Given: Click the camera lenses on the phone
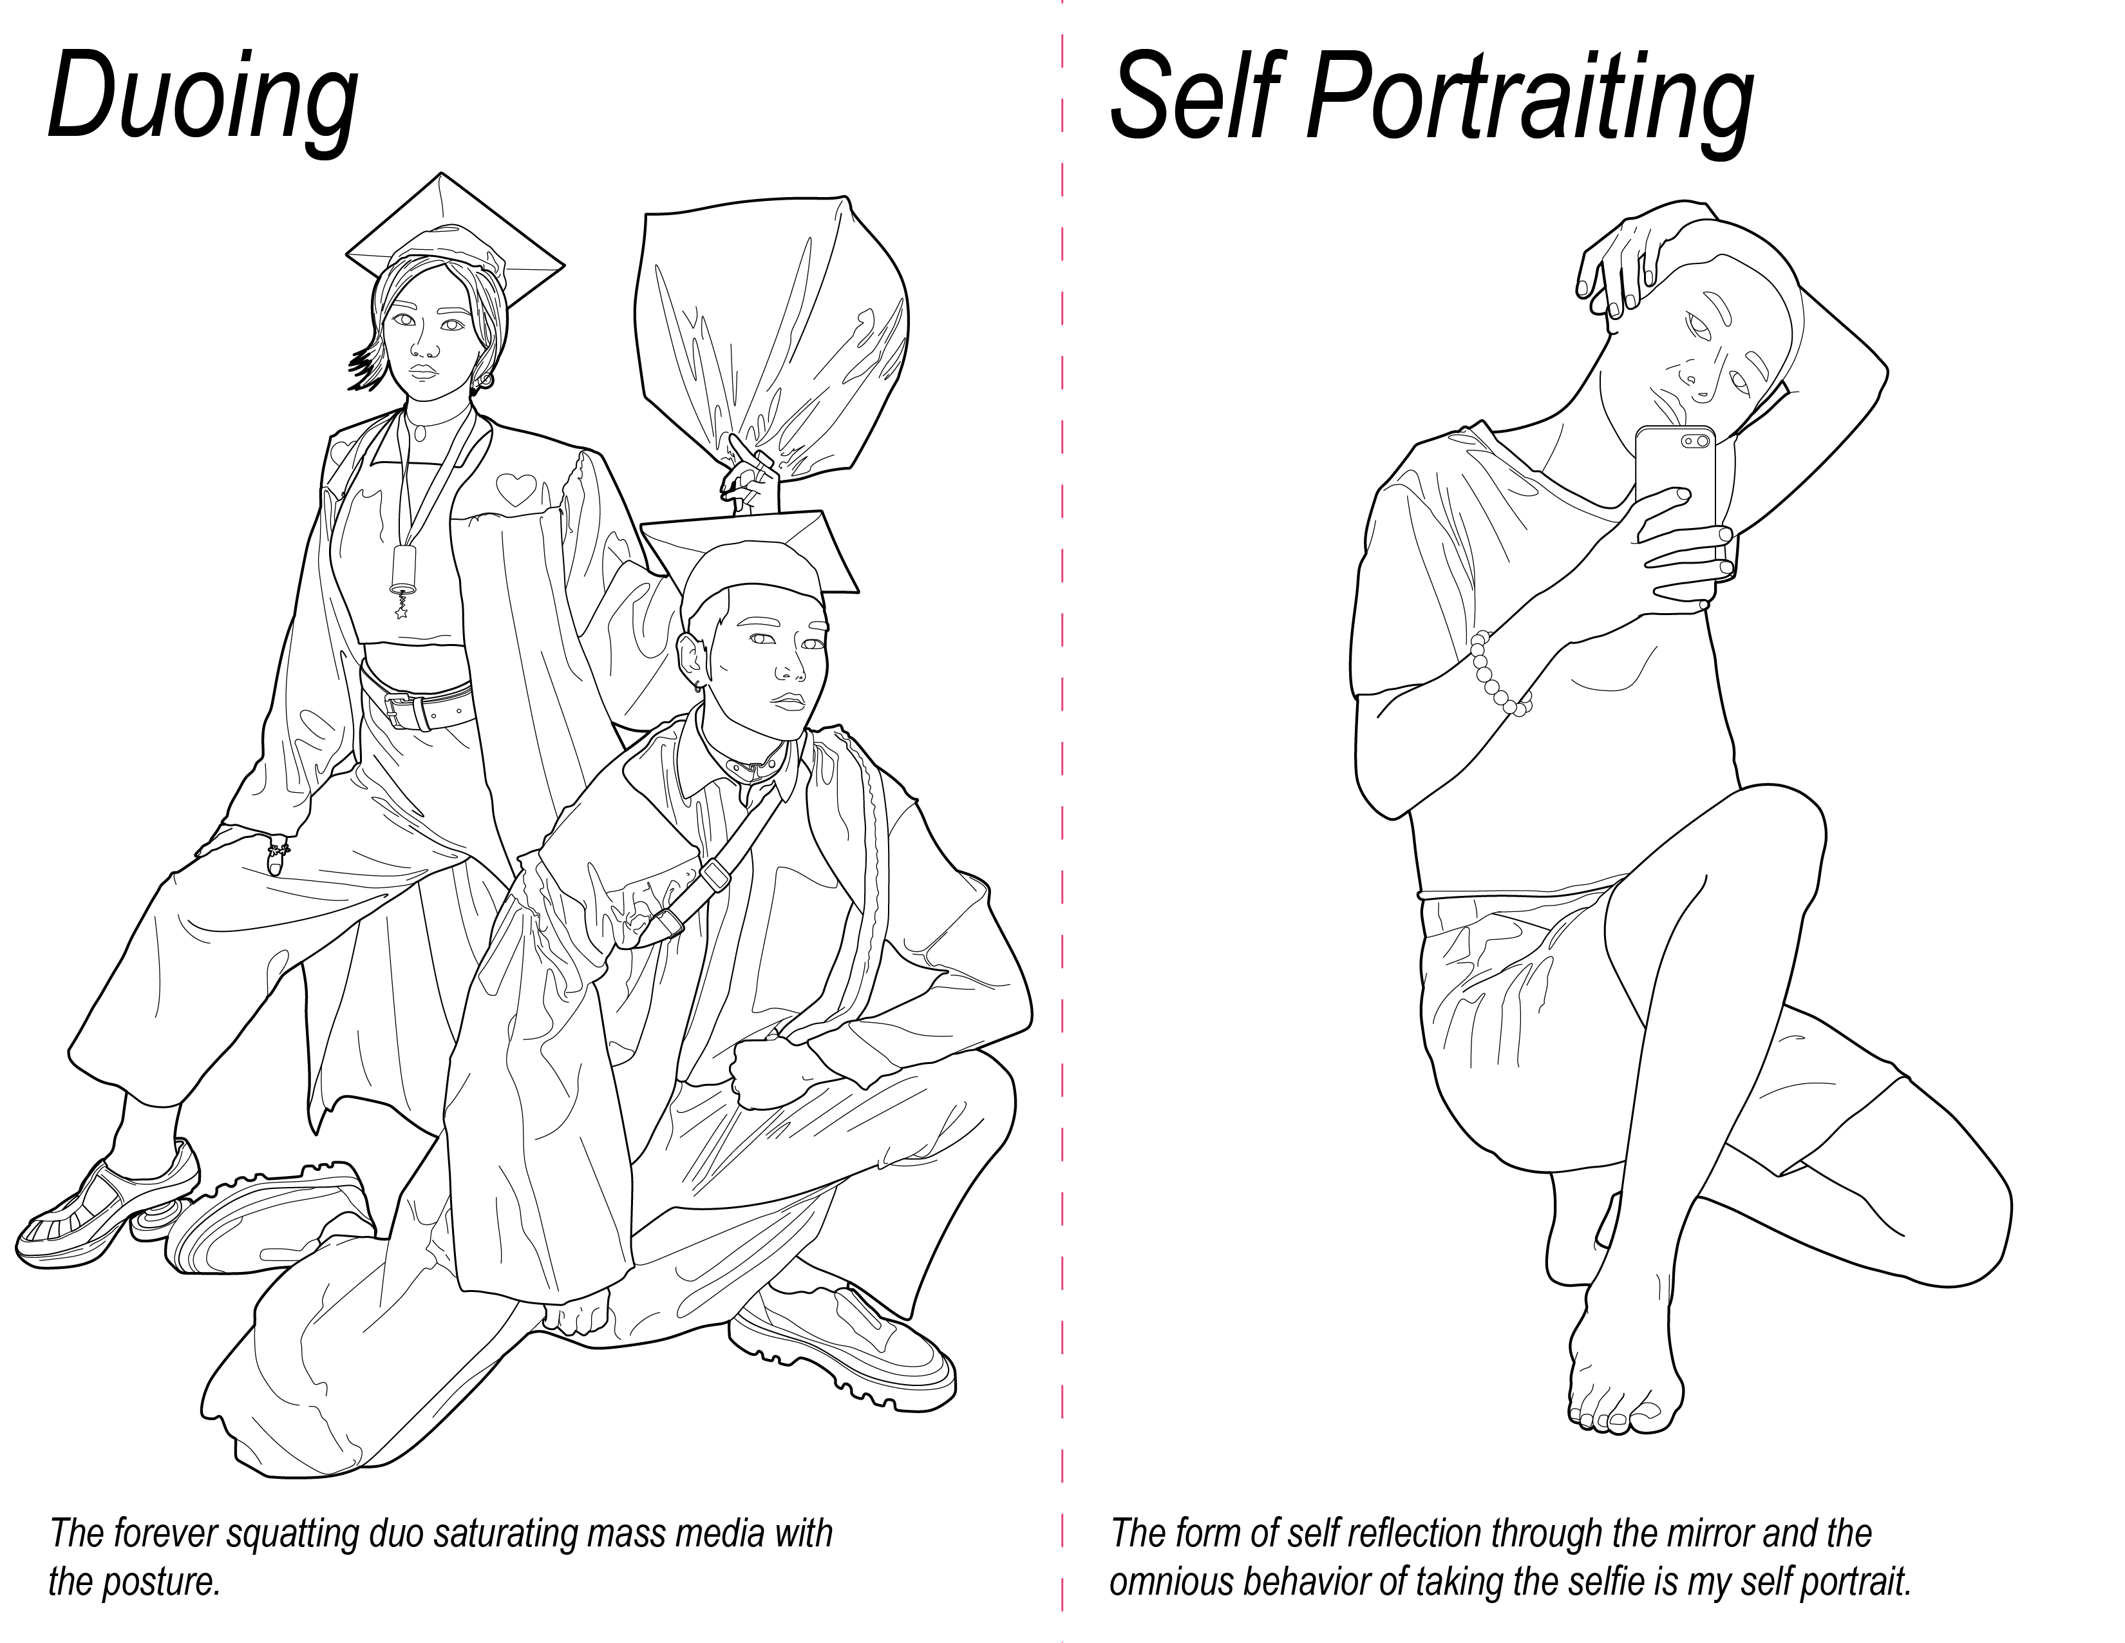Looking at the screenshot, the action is coord(1696,441).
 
